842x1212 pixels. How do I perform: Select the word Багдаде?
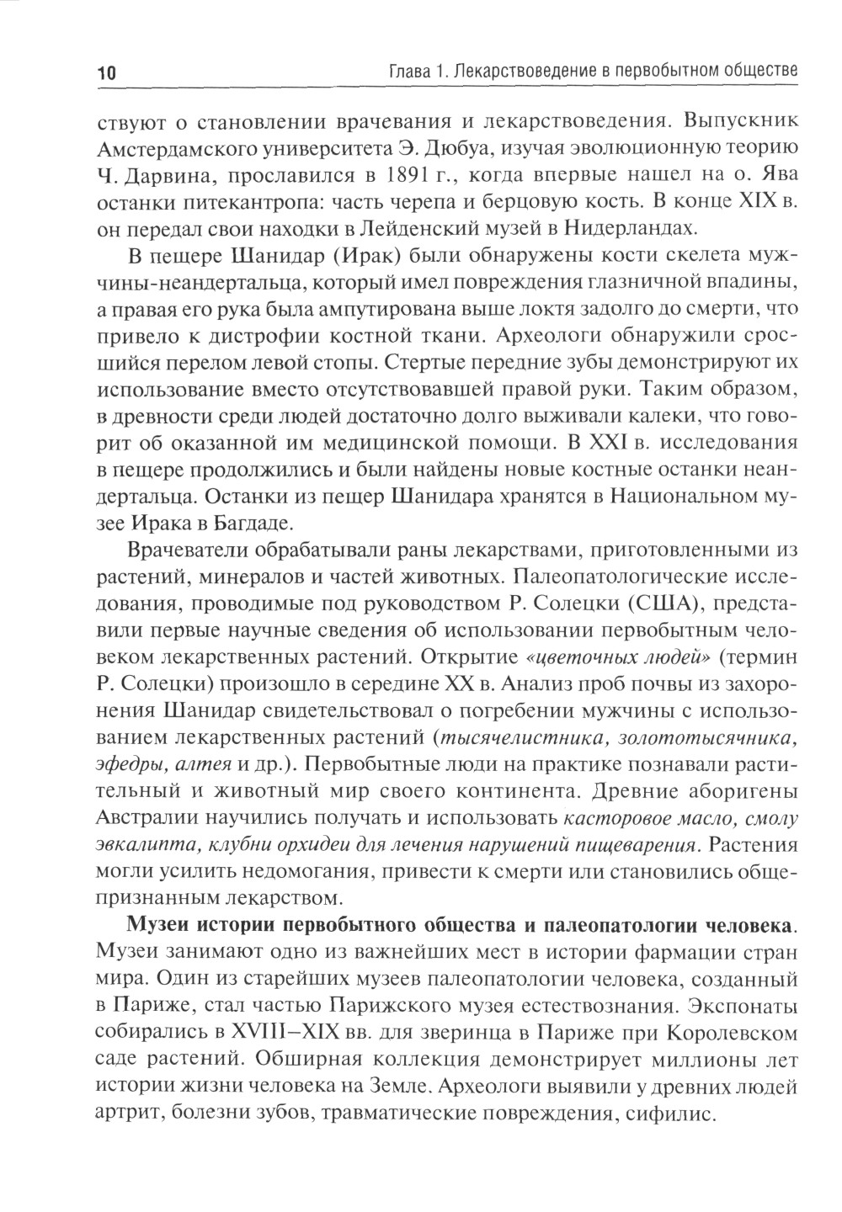pos(250,521)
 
